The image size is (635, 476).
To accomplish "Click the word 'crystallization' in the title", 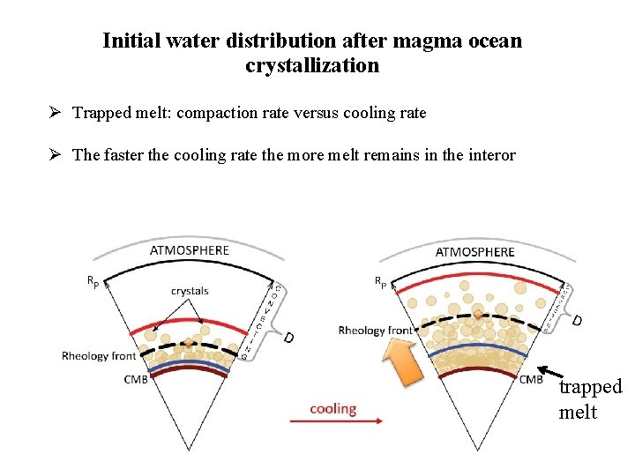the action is click(x=312, y=65).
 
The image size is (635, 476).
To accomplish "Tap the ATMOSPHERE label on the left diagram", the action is click(x=190, y=250).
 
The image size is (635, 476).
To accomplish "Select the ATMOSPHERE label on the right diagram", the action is click(x=474, y=252).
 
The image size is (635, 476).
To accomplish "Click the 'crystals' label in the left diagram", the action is click(x=190, y=291).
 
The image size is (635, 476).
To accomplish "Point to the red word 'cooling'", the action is click(x=332, y=409).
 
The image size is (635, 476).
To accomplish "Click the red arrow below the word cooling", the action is click(x=335, y=422).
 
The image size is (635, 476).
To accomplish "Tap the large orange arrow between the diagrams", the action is click(x=404, y=361).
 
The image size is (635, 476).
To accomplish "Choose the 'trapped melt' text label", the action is click(x=590, y=399).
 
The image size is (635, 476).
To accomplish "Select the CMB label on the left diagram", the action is click(x=136, y=380).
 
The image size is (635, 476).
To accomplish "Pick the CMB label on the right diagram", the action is click(x=531, y=380).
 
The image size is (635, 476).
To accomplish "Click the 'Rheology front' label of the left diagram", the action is click(x=99, y=356).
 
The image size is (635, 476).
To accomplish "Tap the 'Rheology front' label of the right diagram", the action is click(x=375, y=331).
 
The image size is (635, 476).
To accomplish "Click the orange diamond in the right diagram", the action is click(x=478, y=314).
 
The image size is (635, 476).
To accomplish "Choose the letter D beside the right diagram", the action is click(x=578, y=319).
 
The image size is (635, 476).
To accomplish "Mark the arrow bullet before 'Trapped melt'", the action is click(x=55, y=113).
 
